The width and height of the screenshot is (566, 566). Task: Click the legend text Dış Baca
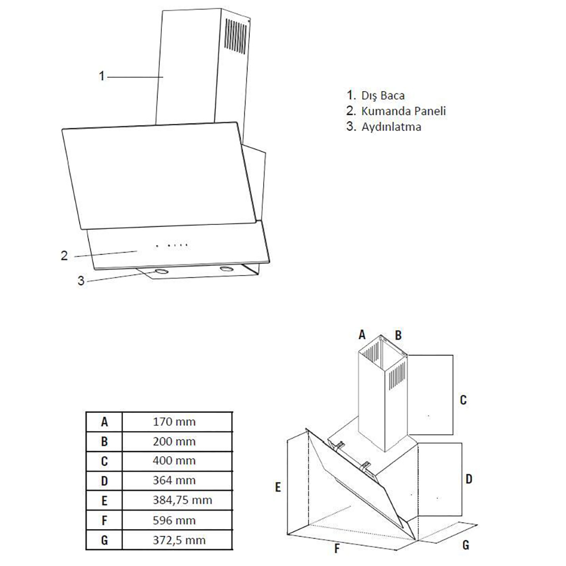(x=383, y=95)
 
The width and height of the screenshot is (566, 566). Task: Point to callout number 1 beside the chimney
(x=102, y=76)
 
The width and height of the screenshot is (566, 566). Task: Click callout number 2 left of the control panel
(x=65, y=255)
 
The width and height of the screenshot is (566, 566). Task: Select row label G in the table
(x=104, y=540)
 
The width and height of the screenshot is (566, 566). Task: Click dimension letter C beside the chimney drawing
(x=463, y=400)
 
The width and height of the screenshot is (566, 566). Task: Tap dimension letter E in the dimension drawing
(x=278, y=487)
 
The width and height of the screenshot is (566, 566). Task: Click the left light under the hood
(x=162, y=272)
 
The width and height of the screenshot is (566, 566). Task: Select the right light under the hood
(x=227, y=268)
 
